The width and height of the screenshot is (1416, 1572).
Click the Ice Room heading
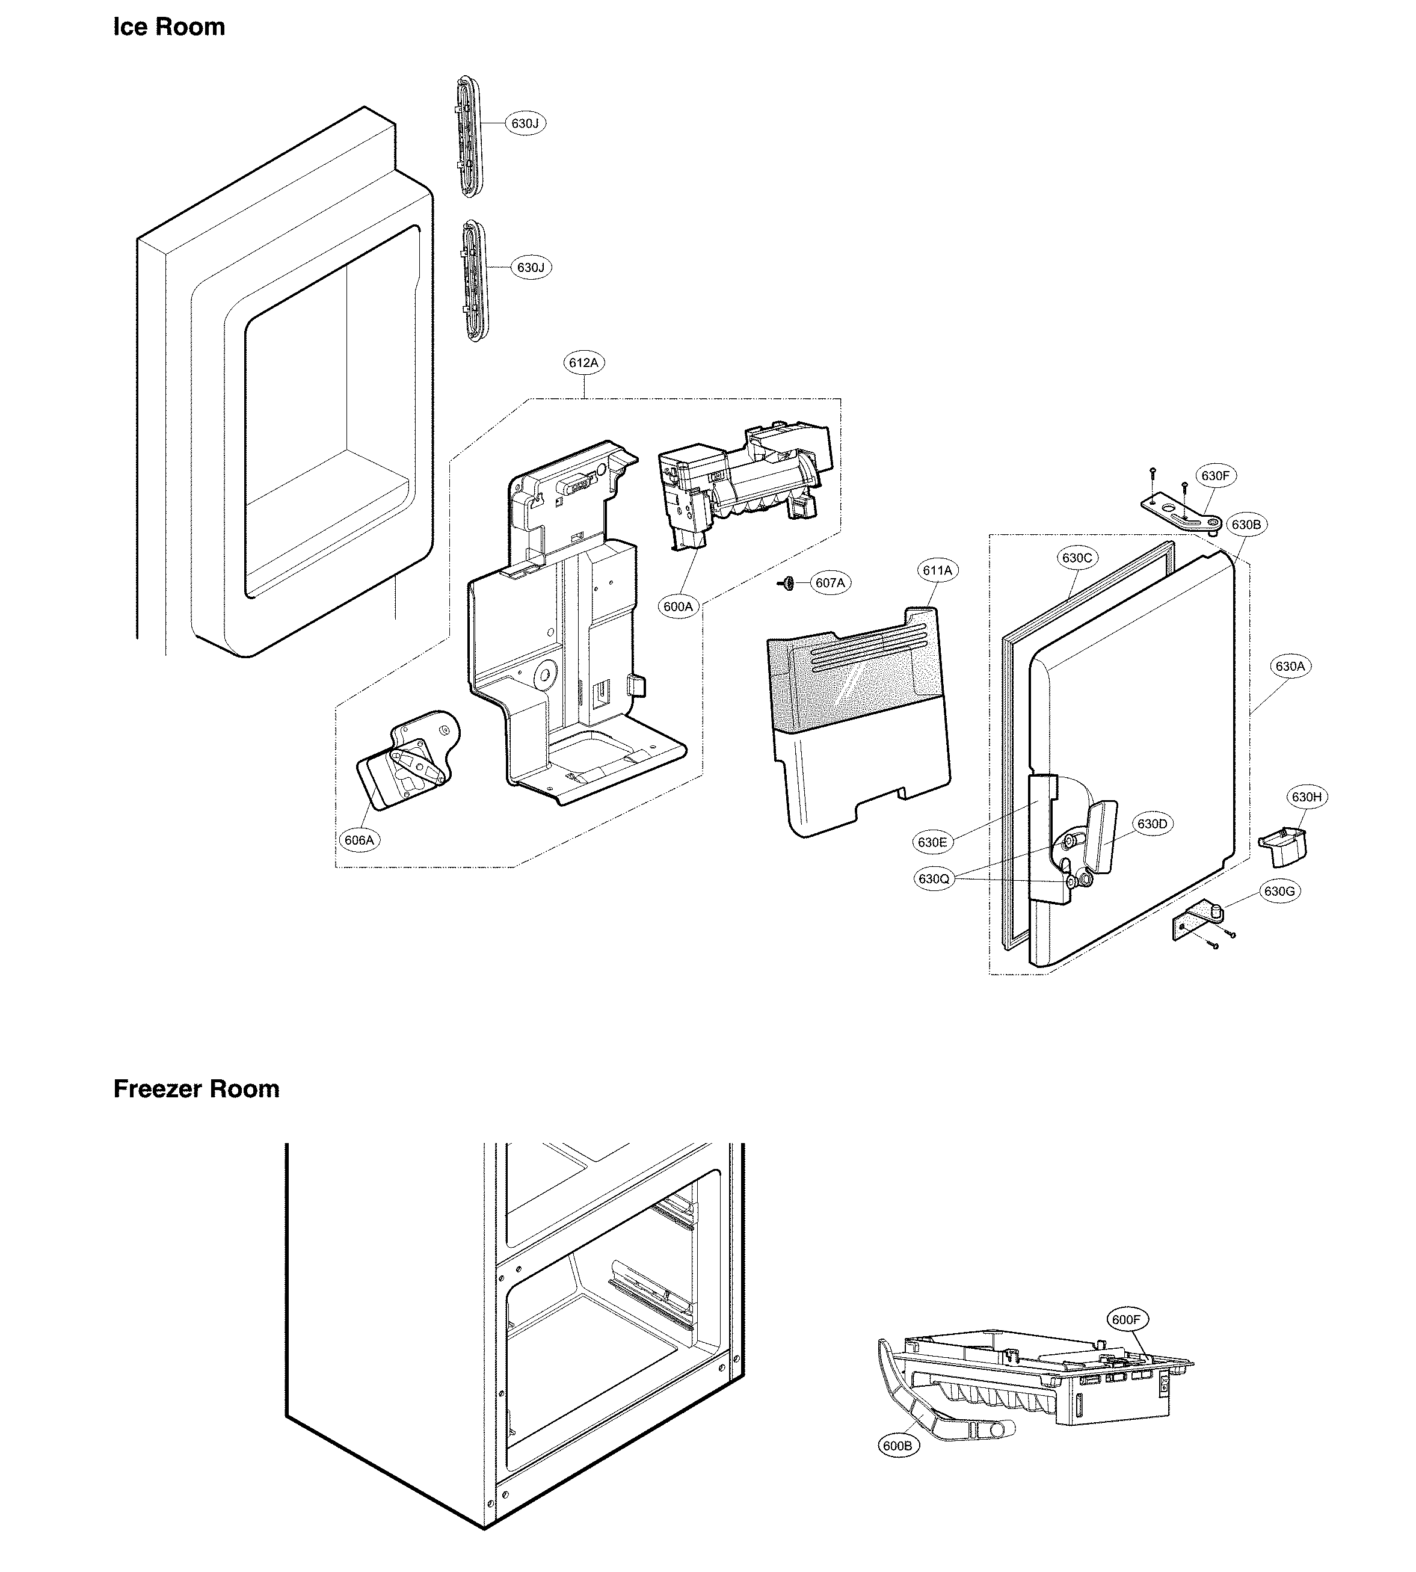tap(169, 26)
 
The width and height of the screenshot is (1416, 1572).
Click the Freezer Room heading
tap(196, 1089)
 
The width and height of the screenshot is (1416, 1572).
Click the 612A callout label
tap(584, 363)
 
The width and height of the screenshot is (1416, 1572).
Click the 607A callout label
tap(830, 583)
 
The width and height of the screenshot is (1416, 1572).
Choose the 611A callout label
tap(938, 570)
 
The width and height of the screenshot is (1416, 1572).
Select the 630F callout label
tap(1214, 475)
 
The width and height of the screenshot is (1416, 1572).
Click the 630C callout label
tap(1077, 558)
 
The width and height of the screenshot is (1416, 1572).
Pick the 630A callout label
tap(1289, 666)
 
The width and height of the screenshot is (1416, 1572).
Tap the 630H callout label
tap(1307, 797)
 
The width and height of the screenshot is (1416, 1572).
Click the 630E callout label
tap(932, 842)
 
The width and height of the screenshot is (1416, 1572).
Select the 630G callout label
tap(1278, 892)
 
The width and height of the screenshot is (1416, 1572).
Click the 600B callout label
tap(897, 1446)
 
